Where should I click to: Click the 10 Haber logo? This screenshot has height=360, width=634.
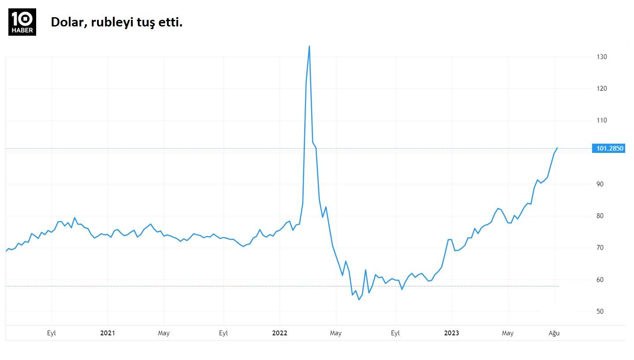click(22, 22)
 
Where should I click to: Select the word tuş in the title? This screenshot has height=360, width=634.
click(144, 22)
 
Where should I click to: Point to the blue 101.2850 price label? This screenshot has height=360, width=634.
click(610, 148)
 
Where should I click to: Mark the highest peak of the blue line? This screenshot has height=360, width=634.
click(309, 46)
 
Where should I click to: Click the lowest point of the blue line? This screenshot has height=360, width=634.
click(359, 300)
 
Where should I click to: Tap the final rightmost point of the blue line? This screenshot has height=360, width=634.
click(557, 148)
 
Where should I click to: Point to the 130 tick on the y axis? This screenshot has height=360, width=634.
click(602, 57)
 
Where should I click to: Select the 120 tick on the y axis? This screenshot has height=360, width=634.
click(602, 89)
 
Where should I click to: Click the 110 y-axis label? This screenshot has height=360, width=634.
click(602, 120)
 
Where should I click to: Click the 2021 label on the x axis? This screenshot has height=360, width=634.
click(108, 333)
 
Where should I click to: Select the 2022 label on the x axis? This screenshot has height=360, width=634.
click(280, 333)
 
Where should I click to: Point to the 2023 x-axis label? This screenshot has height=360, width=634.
click(451, 333)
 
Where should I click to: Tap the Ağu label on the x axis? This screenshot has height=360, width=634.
click(554, 333)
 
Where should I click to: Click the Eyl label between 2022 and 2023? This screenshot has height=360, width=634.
click(395, 333)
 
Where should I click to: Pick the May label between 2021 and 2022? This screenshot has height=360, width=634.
click(164, 333)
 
